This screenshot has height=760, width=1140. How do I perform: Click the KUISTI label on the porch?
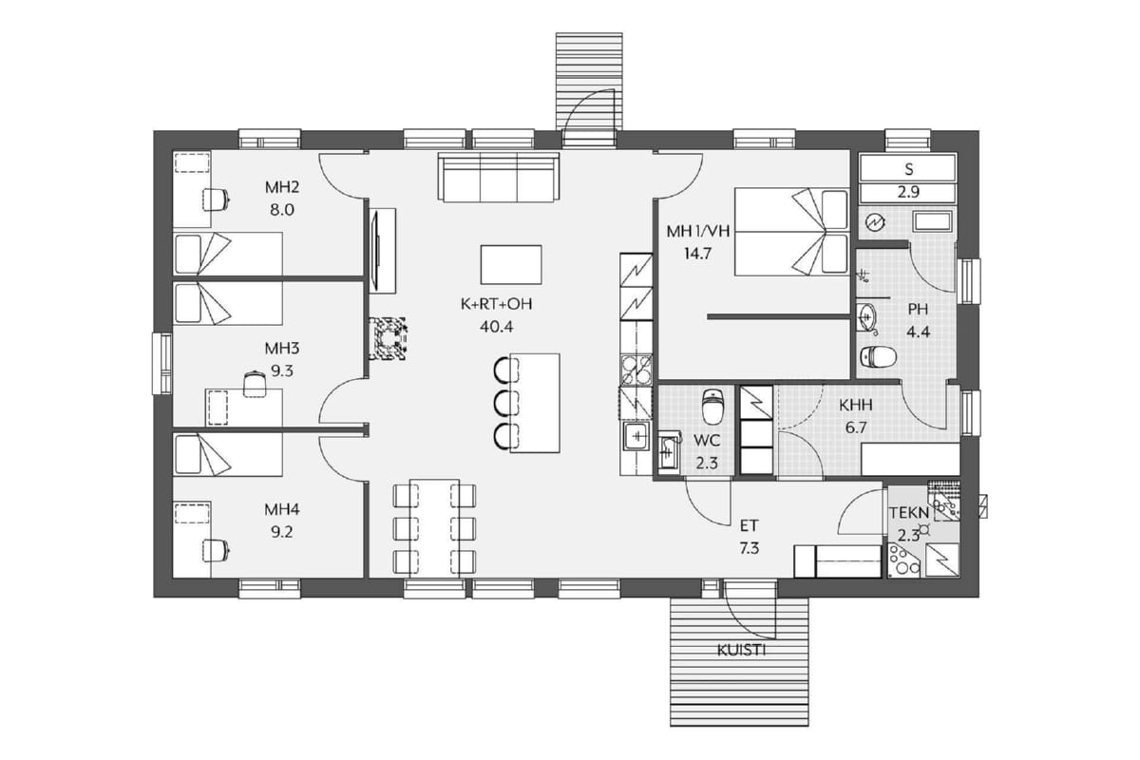point(741,650)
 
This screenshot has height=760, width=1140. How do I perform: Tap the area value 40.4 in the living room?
point(496,327)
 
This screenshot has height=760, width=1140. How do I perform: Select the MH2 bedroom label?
point(282,187)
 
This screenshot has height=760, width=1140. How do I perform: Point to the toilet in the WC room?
point(712,407)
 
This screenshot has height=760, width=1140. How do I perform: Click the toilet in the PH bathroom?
point(878,356)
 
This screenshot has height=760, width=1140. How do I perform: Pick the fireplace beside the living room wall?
point(388,338)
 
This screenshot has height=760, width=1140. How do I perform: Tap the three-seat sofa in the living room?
point(499,177)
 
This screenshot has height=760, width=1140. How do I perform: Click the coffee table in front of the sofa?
point(511,265)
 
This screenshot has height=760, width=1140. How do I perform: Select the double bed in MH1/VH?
point(792,232)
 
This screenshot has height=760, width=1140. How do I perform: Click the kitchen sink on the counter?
point(636,436)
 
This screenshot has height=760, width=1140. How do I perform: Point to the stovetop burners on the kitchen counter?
point(636,369)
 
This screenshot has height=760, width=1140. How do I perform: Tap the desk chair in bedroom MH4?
point(216,550)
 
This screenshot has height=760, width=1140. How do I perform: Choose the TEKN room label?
point(909,513)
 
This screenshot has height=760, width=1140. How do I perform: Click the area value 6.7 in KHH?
point(856,427)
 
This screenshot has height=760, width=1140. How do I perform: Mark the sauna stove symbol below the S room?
point(876,222)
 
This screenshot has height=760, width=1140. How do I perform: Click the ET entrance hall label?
point(750,525)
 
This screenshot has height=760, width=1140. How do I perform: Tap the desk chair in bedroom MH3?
point(255,384)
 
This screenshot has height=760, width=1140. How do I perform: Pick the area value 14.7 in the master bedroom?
point(696,254)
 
